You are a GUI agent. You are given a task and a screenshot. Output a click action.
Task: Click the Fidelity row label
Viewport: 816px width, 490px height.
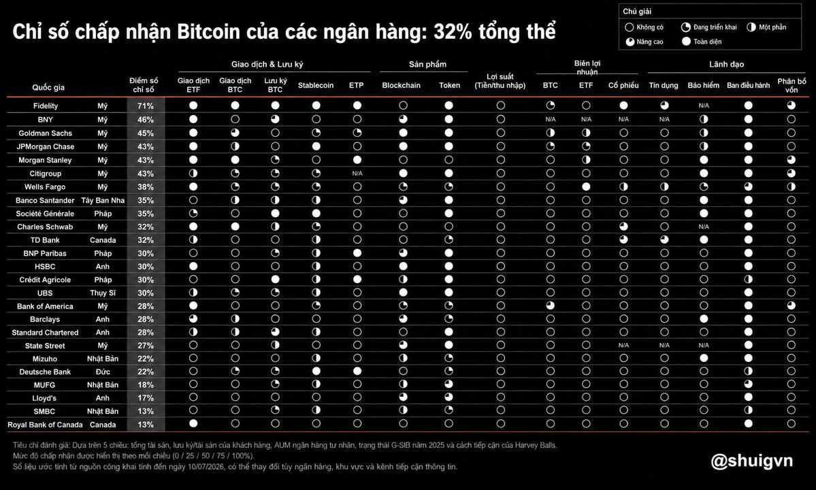pos(46,105)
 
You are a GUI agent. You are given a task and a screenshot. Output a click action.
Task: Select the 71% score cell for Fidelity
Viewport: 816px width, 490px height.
pos(146,105)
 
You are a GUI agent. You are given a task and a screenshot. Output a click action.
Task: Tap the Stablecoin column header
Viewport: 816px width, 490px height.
pos(315,85)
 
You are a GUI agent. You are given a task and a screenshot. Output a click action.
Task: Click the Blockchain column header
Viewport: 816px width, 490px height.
pos(402,85)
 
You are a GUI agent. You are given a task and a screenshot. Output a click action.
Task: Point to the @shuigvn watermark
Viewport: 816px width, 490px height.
pos(751,460)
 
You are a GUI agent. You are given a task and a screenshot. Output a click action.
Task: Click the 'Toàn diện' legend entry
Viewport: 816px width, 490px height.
pos(702,42)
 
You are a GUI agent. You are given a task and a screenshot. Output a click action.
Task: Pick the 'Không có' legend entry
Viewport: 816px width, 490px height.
pos(644,27)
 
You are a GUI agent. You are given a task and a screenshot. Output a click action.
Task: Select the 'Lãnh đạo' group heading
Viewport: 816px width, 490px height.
pos(726,65)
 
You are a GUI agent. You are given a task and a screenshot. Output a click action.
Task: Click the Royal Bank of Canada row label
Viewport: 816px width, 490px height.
pos(46,425)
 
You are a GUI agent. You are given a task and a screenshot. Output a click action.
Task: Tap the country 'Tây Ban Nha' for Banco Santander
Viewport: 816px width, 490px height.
pos(103,200)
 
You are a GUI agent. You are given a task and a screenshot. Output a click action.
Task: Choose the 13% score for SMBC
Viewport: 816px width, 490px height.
pos(146,411)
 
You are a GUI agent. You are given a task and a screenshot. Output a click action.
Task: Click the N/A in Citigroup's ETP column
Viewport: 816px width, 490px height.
pos(357,174)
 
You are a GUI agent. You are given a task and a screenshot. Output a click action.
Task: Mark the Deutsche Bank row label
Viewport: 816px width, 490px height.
pos(46,372)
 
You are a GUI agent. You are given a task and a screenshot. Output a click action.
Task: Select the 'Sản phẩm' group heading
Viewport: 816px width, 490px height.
pos(428,65)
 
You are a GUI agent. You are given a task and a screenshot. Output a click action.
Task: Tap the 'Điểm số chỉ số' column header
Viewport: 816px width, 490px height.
pos(144,85)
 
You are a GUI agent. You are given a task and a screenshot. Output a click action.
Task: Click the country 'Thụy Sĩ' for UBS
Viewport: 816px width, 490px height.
pos(103,293)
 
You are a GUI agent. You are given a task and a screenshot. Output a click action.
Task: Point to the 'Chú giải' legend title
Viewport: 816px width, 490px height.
pos(637,12)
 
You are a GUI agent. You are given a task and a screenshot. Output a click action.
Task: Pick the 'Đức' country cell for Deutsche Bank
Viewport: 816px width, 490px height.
pos(103,372)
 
